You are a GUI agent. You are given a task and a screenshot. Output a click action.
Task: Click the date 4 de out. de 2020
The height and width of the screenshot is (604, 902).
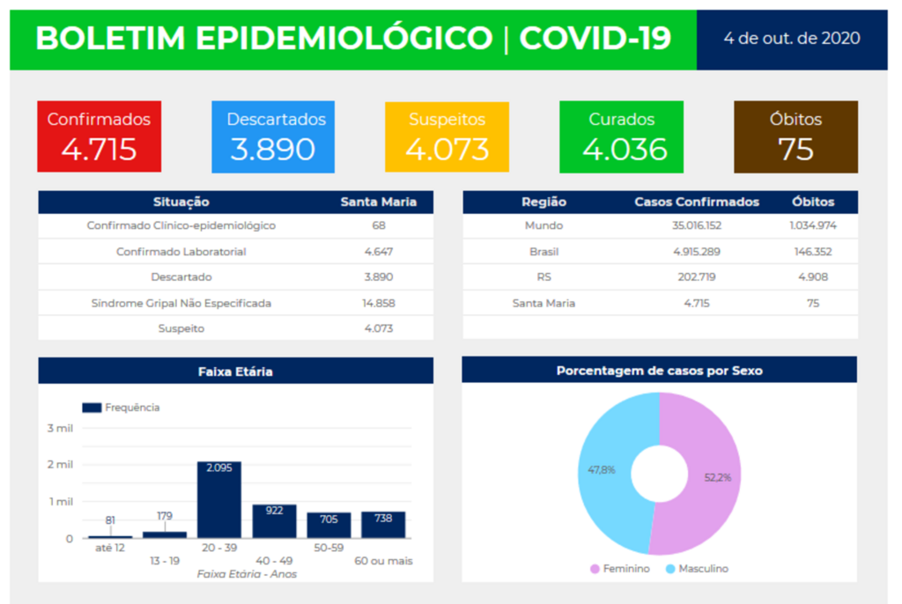click(x=791, y=39)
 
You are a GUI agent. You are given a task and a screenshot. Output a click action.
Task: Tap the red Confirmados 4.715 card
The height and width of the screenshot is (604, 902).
click(x=99, y=136)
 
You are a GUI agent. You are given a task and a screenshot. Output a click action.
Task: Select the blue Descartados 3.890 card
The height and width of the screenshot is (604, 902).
click(x=273, y=136)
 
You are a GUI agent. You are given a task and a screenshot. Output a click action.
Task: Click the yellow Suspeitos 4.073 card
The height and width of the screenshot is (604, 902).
click(x=447, y=136)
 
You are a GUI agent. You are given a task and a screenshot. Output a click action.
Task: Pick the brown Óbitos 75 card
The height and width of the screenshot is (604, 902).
click(x=795, y=136)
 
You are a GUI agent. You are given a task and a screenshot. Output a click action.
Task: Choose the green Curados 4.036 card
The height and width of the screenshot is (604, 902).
click(x=621, y=136)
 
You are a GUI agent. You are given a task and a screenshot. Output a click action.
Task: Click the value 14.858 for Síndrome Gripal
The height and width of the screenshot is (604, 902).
click(x=379, y=303)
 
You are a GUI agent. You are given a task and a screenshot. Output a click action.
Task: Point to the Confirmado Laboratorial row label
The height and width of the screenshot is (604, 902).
click(x=181, y=252)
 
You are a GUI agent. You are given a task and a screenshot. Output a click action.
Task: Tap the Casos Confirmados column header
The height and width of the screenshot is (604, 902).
click(x=697, y=202)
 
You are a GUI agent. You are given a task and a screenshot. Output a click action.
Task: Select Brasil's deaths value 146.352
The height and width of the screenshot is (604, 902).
click(x=812, y=252)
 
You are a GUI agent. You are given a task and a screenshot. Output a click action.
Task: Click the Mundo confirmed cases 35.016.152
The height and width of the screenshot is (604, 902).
click(x=697, y=226)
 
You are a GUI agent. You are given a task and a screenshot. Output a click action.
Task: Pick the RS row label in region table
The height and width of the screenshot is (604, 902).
click(x=543, y=277)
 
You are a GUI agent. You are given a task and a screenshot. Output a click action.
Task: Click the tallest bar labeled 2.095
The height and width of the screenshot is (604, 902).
click(x=218, y=502)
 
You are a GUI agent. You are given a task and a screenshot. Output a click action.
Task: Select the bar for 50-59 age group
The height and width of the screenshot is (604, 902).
click(x=329, y=526)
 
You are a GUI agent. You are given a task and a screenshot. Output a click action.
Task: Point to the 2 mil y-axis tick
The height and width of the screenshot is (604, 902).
click(x=60, y=465)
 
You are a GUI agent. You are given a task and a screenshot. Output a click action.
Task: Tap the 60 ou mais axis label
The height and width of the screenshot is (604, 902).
click(x=383, y=561)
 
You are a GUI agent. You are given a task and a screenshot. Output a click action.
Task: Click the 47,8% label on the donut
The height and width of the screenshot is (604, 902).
click(x=602, y=470)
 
